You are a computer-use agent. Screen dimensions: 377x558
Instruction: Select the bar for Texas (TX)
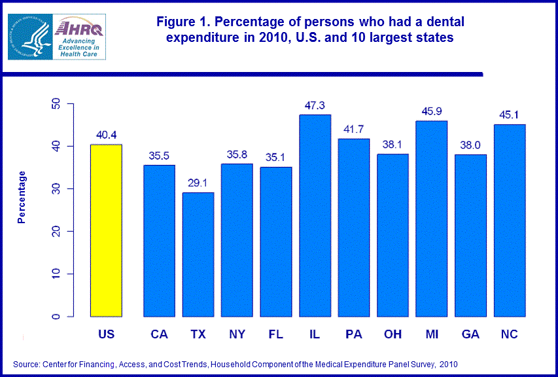tap(198, 255)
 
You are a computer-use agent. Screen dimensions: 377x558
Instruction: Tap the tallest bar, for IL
tap(315, 216)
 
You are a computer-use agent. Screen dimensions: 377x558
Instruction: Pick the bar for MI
tap(432, 219)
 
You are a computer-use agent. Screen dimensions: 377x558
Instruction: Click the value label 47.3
tap(315, 105)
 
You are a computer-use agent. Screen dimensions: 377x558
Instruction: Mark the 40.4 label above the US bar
tap(106, 135)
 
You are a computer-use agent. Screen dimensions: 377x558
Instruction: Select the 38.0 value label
tap(470, 145)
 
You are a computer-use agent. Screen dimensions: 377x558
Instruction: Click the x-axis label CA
tap(159, 334)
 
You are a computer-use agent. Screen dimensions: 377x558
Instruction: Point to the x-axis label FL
tap(275, 334)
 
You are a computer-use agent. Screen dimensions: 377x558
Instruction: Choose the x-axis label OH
tap(392, 334)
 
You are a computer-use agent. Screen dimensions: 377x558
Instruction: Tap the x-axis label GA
tap(470, 334)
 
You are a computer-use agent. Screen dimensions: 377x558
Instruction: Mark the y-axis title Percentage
tap(22, 197)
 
